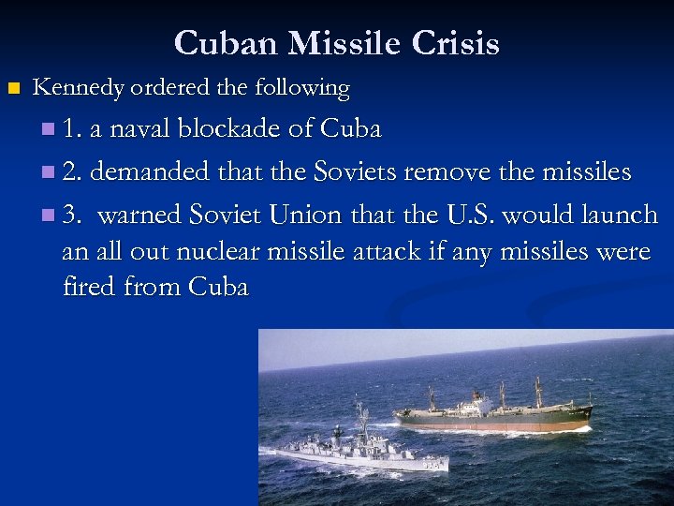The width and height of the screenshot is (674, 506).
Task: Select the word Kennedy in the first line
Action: [79, 88]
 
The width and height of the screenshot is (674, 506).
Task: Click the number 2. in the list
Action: [72, 171]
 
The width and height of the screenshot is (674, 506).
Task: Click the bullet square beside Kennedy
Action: [12, 89]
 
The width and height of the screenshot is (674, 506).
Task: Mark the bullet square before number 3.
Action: [49, 216]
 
